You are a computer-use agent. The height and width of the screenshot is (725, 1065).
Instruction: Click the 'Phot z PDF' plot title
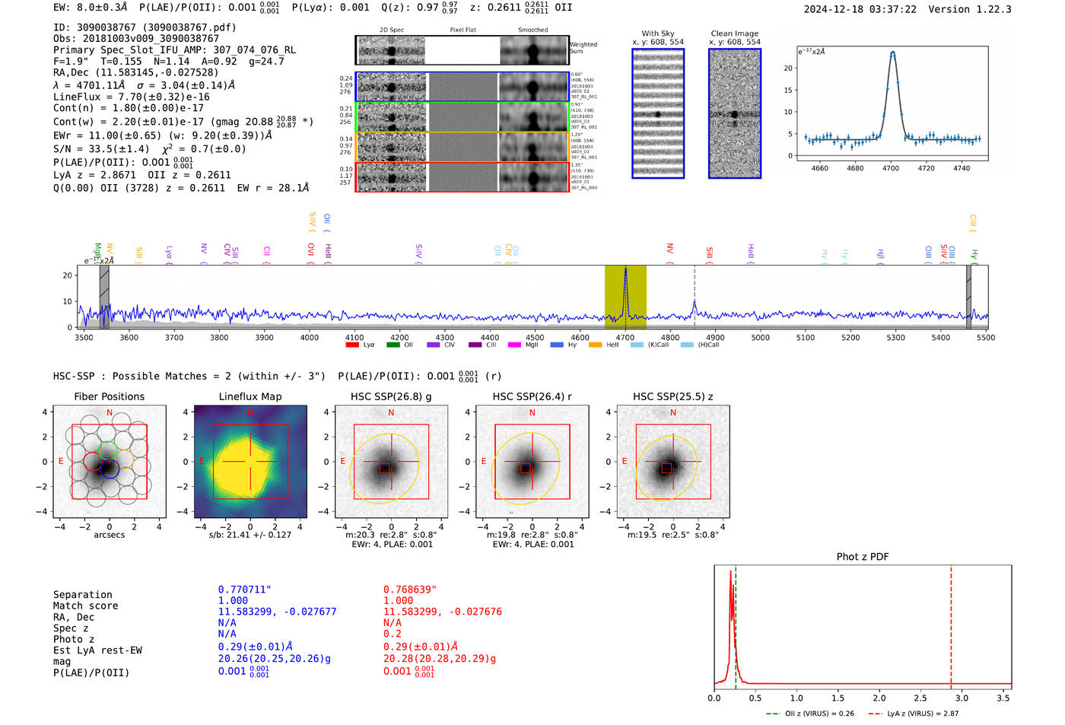(x=863, y=557)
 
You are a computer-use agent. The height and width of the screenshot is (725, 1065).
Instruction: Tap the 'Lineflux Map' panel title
(x=250, y=396)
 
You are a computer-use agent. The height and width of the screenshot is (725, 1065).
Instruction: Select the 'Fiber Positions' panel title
(x=109, y=396)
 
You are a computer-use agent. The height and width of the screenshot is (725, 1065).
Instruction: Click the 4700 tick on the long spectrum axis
(x=625, y=337)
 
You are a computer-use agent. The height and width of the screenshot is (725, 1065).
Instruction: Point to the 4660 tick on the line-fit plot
(x=820, y=168)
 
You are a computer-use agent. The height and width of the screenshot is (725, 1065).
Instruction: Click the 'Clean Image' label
(x=734, y=33)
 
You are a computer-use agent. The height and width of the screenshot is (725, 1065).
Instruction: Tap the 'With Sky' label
(x=658, y=33)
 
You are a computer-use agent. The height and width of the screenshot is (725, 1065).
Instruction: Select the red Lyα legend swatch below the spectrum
(x=352, y=345)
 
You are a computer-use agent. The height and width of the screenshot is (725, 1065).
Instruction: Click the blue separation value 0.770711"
(x=244, y=590)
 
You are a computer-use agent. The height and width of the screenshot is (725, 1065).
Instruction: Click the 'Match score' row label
(x=85, y=606)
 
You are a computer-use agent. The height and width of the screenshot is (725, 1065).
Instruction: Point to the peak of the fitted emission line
(x=892, y=52)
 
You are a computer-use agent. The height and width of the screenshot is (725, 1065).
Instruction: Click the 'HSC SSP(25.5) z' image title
(x=672, y=396)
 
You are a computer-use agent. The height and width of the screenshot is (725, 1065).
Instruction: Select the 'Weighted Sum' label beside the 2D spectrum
(x=583, y=48)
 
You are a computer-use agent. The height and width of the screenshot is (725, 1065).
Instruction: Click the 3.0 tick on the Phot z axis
(x=962, y=698)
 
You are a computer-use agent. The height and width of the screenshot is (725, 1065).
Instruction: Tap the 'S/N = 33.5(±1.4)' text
(x=101, y=149)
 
